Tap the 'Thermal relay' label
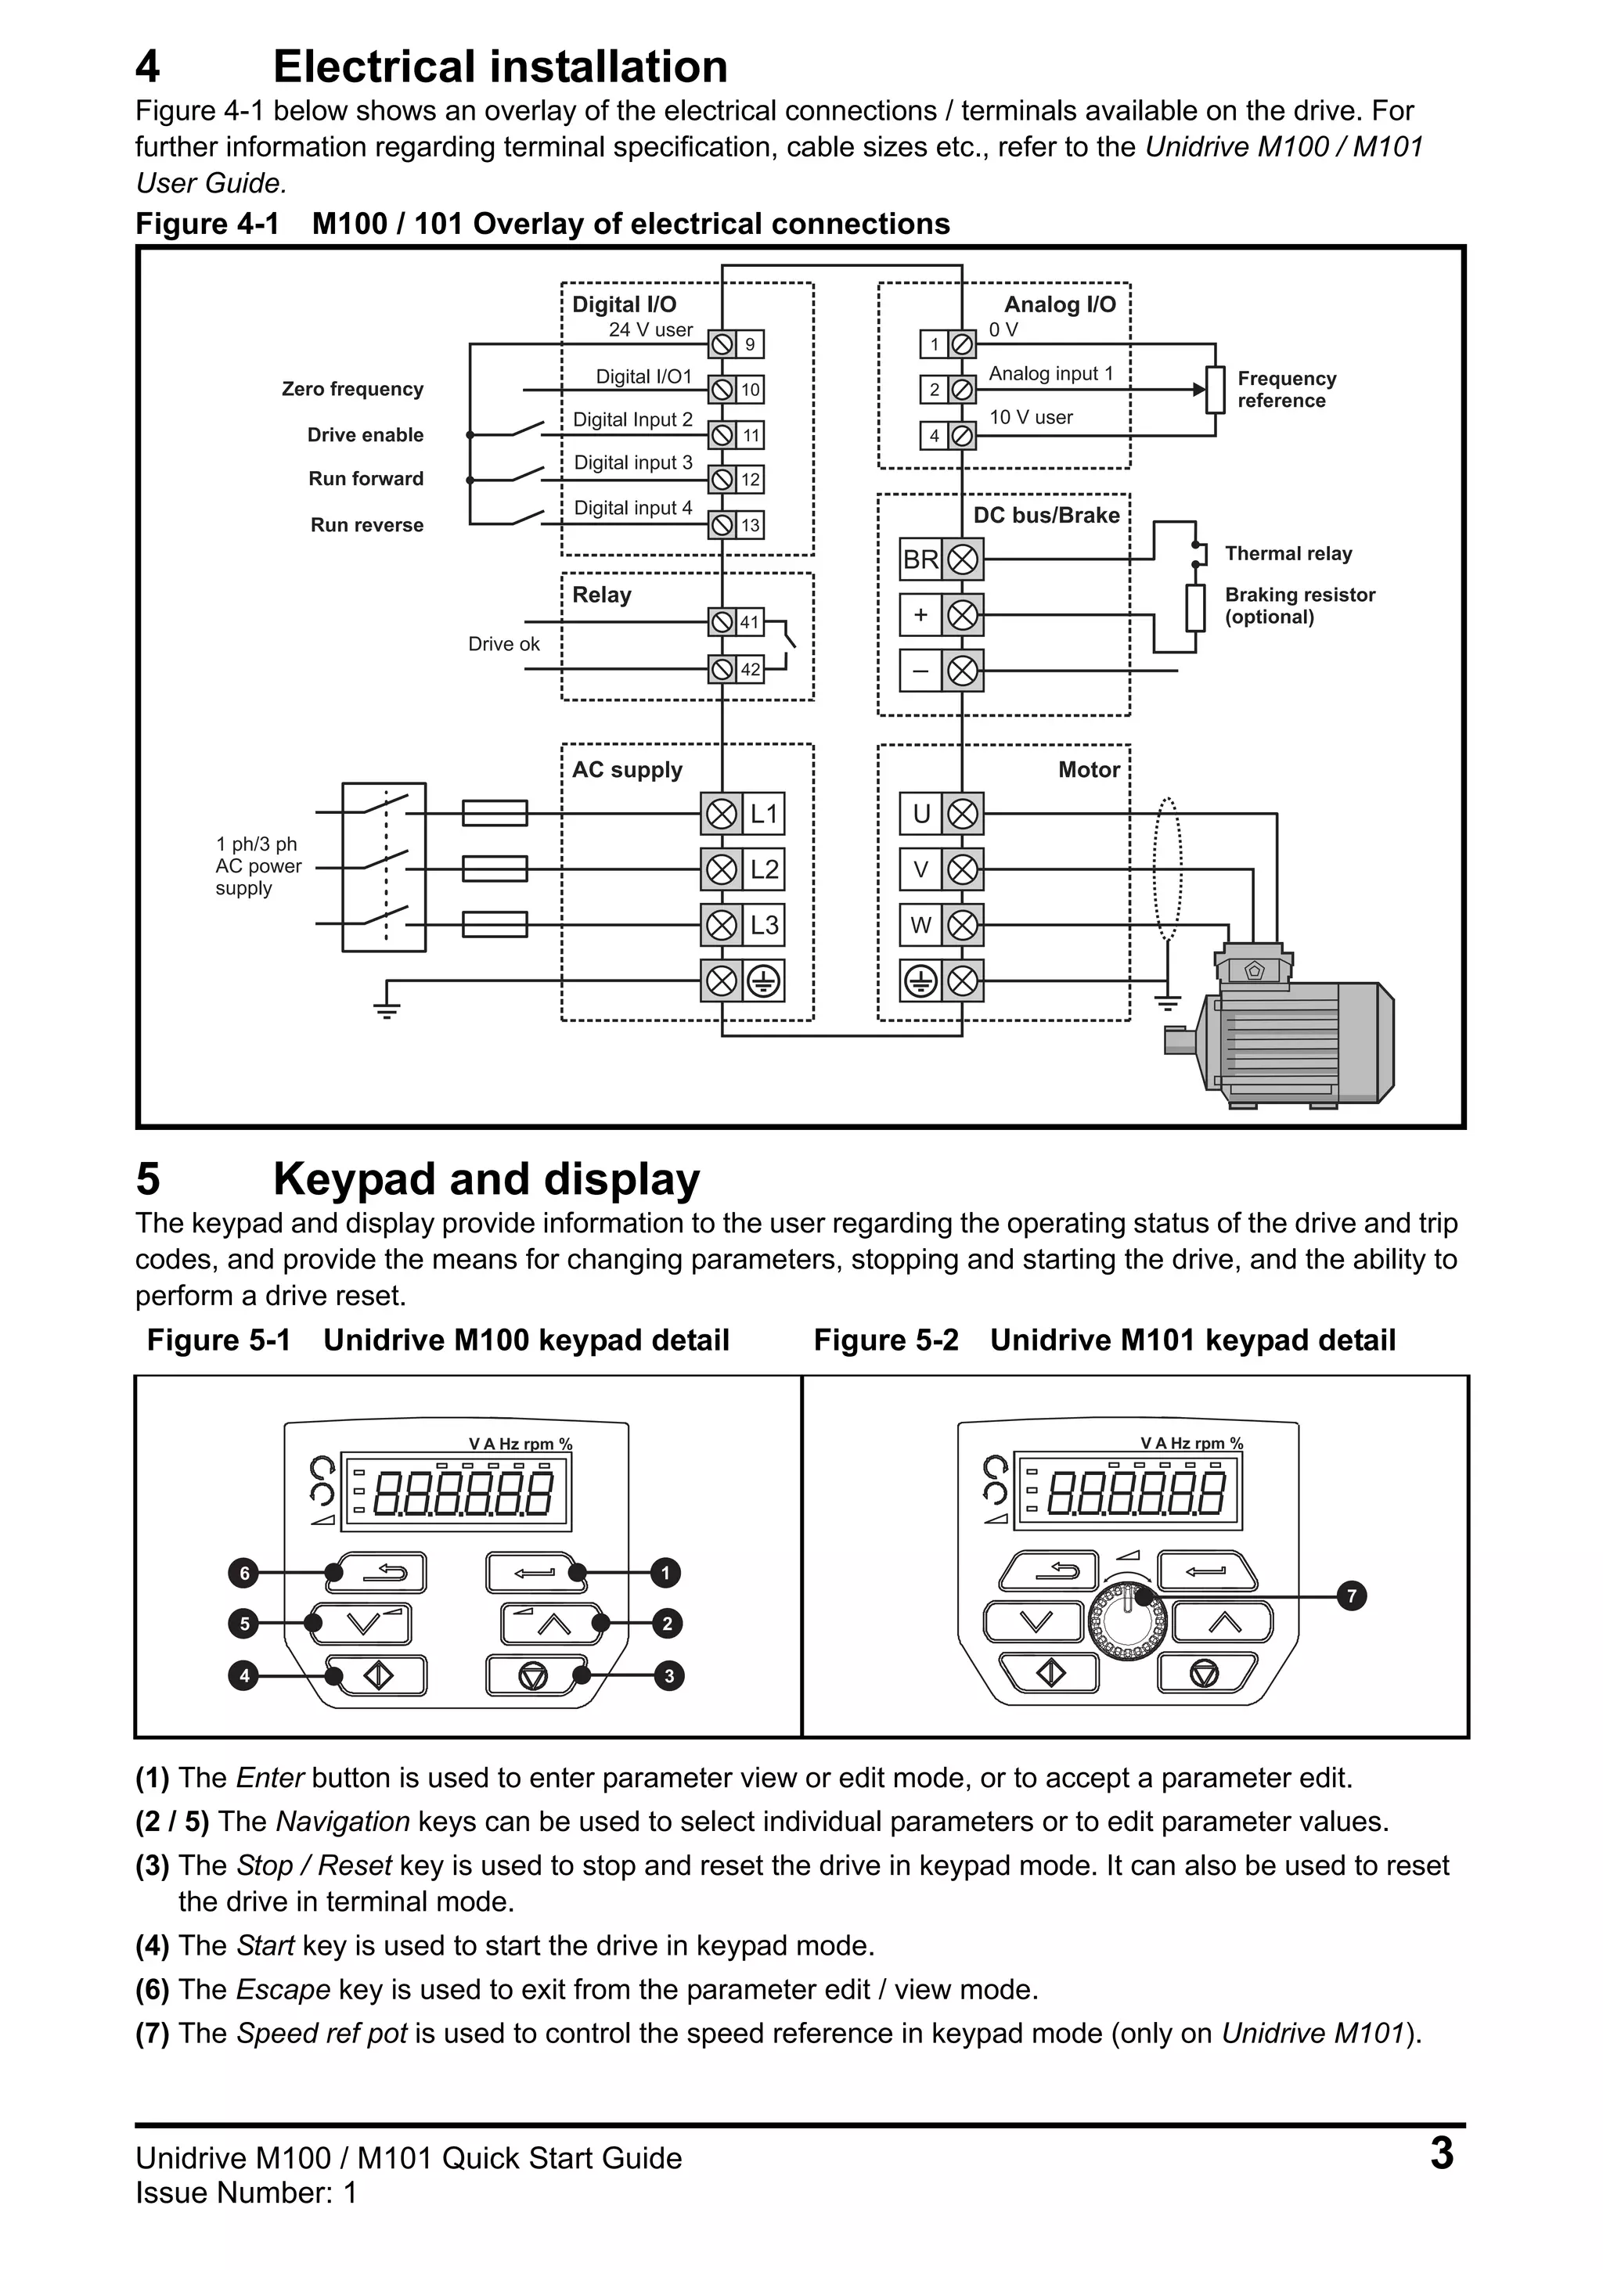point(1288,554)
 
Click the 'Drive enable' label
point(365,435)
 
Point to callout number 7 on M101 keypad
point(1351,1595)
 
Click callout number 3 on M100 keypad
point(668,1676)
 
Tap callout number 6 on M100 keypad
point(243,1573)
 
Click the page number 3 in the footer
point(1441,2154)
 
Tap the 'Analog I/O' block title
point(1059,304)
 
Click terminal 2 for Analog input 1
point(935,390)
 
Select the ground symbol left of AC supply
point(387,1009)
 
